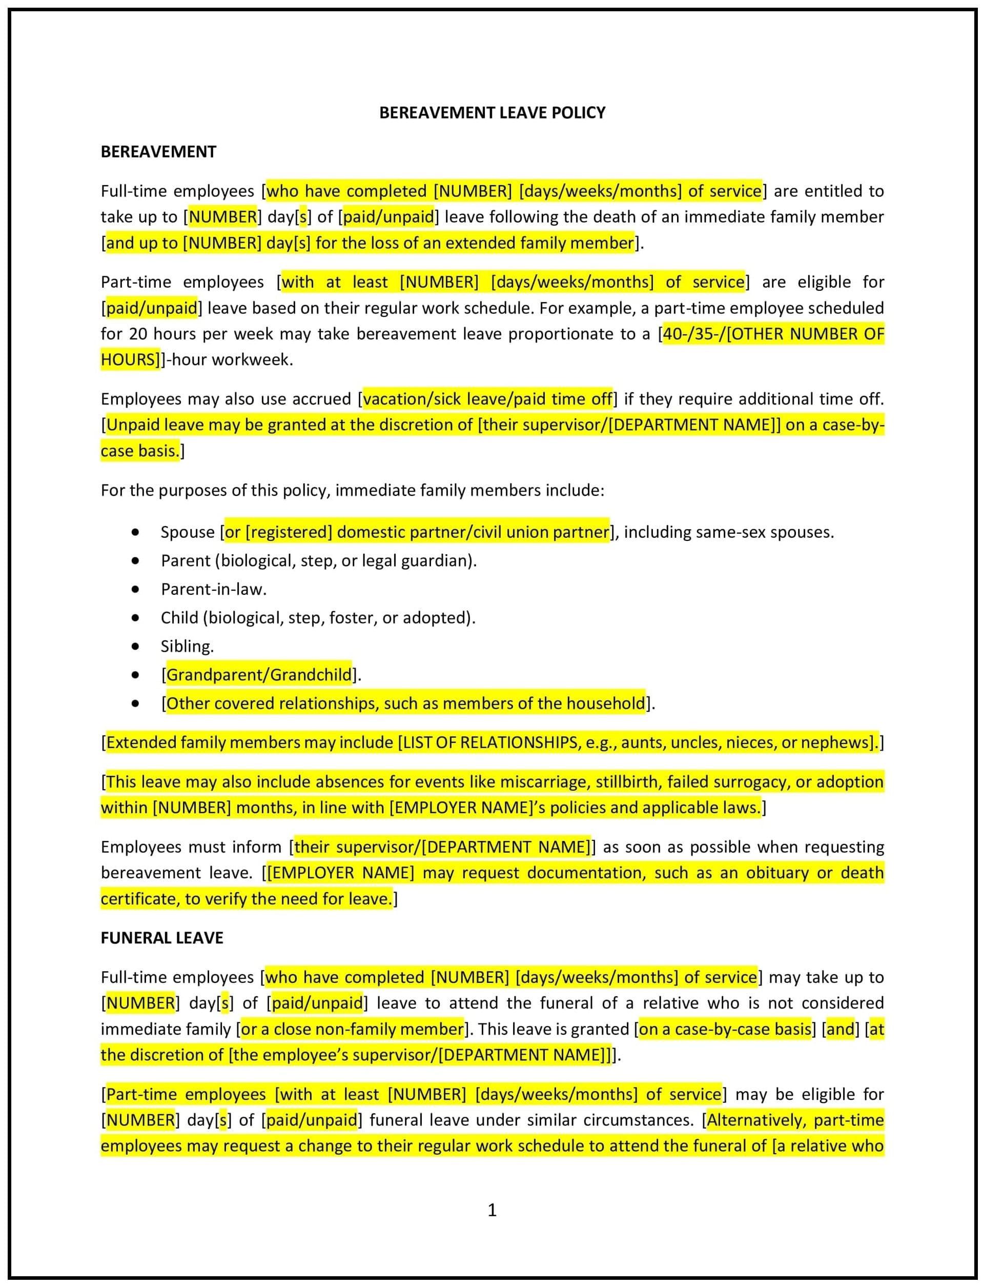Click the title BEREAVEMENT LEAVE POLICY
point(492,112)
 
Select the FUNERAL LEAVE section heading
point(161,938)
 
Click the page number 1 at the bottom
point(492,1209)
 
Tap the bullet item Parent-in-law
point(214,589)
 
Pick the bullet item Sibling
point(187,646)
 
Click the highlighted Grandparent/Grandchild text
point(259,675)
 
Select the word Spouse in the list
point(188,532)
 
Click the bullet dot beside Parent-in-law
point(136,589)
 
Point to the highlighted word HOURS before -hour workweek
point(129,359)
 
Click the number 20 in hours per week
point(138,334)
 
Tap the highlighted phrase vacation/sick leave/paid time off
point(487,399)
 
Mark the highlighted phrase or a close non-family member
point(352,1029)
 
